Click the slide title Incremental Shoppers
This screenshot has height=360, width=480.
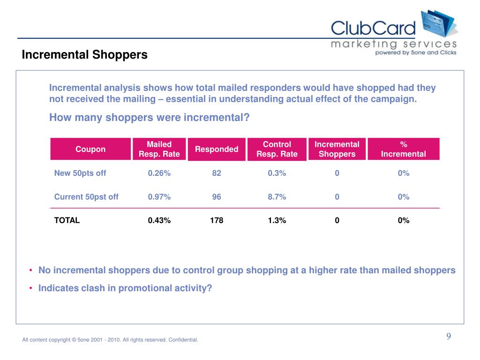84,55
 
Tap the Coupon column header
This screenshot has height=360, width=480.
90,149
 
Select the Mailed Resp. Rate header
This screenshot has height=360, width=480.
159,149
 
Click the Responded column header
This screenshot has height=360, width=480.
217,149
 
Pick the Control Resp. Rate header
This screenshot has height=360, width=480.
277,149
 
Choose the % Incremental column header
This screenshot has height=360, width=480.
403,149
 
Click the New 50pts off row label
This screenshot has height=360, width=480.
80,173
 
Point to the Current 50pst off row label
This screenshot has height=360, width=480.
86,197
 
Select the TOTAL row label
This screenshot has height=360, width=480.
67,220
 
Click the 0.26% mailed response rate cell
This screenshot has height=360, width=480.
159,173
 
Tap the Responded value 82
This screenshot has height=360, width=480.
217,173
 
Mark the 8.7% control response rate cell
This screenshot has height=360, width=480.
277,197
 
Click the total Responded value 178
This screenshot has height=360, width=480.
217,220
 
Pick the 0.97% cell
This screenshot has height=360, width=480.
159,197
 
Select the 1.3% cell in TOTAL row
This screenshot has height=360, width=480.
277,220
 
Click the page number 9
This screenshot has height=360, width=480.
449,337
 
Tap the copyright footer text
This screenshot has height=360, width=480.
110,340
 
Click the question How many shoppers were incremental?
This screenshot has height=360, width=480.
149,118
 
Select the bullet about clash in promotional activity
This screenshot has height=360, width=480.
125,288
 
